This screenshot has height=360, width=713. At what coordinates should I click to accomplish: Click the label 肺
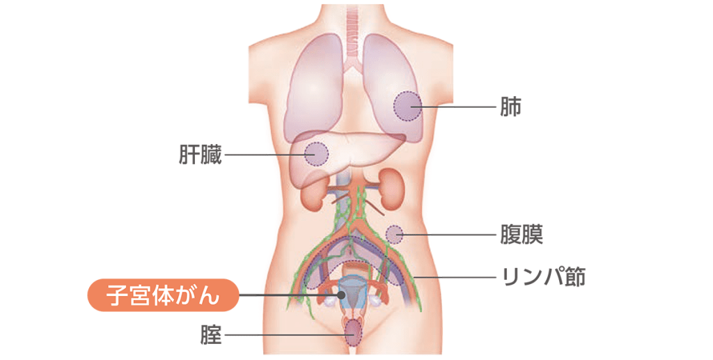[x=510, y=107]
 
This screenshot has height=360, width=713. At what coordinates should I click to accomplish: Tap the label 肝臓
[x=200, y=155]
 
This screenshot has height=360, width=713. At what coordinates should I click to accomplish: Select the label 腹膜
[x=522, y=235]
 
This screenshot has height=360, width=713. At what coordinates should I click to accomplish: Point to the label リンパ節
[x=543, y=277]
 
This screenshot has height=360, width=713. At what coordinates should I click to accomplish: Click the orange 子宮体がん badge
[x=163, y=295]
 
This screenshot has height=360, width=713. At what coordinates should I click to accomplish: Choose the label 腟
[x=211, y=336]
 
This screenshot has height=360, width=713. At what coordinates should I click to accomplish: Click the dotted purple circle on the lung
[x=407, y=107]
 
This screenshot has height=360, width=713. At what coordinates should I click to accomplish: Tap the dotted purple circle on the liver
[x=316, y=154]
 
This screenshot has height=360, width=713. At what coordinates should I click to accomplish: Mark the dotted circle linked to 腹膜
[x=394, y=235]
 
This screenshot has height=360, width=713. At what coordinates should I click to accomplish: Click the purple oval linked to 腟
[x=353, y=333]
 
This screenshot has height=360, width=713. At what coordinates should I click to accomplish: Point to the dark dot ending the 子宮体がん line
[x=341, y=295]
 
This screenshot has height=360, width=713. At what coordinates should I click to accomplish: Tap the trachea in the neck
[x=352, y=32]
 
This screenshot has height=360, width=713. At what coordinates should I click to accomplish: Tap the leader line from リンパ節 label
[x=455, y=277]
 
